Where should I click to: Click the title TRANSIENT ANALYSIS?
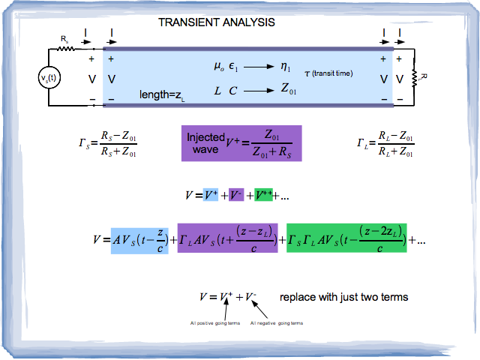(217, 22)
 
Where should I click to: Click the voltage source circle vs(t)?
(50, 77)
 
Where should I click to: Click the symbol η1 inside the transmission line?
(286, 67)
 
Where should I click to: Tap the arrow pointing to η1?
(259, 67)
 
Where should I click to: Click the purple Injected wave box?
(241, 143)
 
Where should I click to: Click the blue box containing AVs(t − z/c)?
(140, 240)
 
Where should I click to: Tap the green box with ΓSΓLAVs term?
(346, 240)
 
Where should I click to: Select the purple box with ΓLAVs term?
(227, 240)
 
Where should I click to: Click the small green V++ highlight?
(263, 196)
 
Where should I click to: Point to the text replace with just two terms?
(343, 297)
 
